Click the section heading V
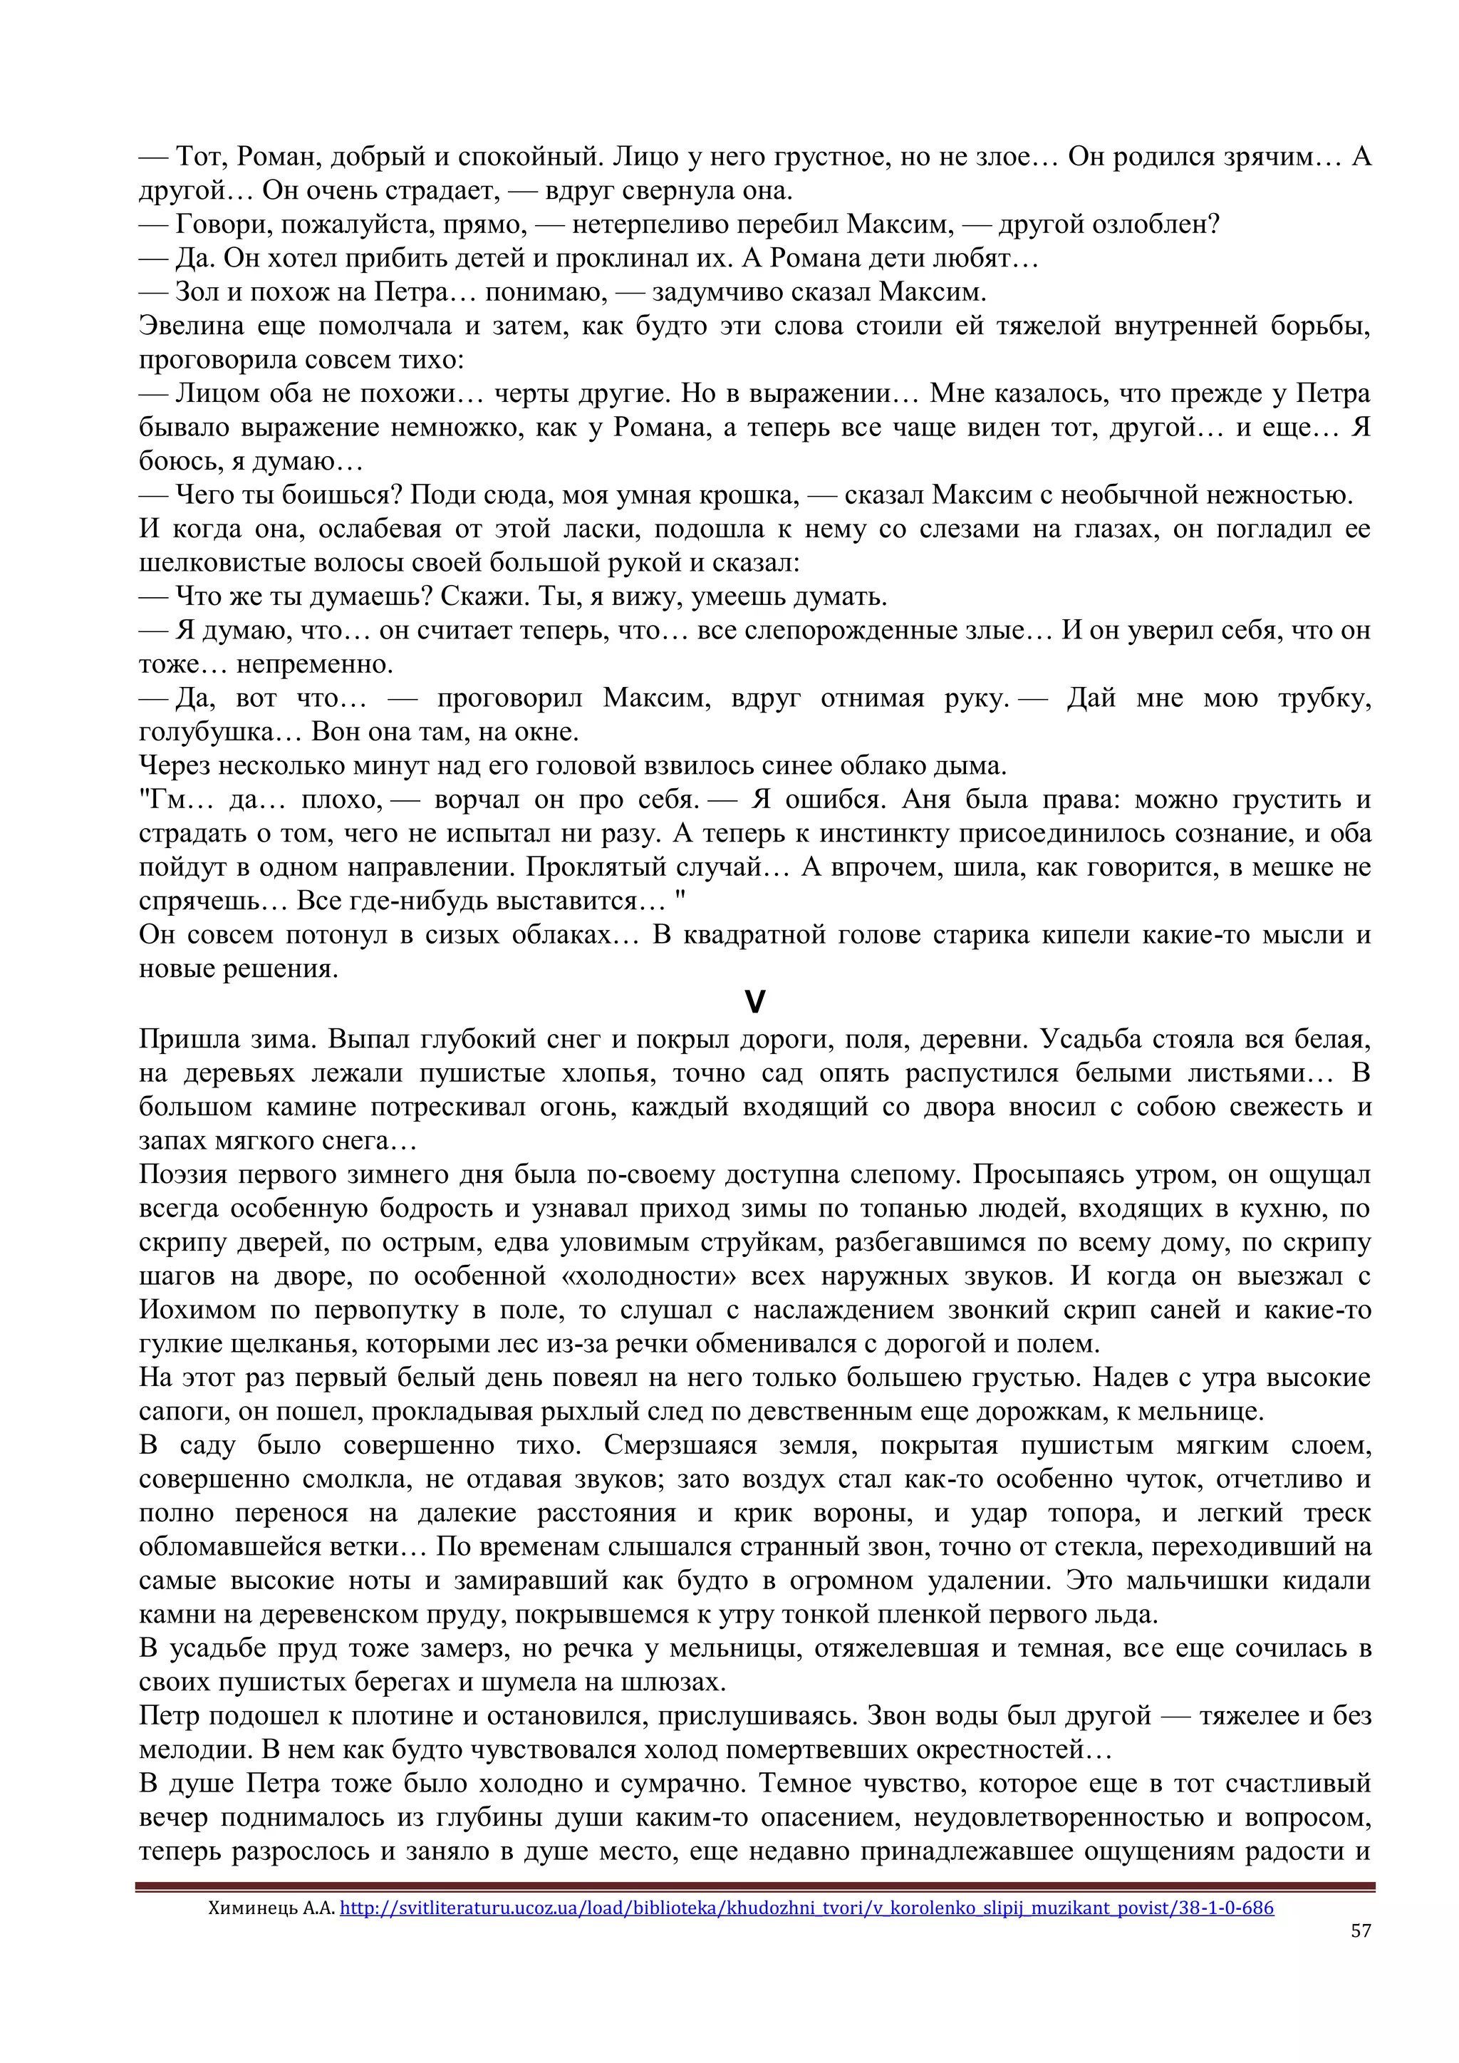(x=754, y=1003)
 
